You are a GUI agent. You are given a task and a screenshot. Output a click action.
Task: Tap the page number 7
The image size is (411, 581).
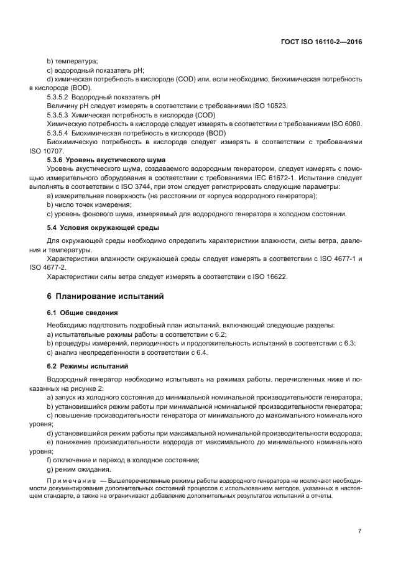pyautogui.click(x=359, y=531)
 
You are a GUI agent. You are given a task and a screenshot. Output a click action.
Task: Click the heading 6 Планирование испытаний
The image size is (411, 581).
pyautogui.click(x=106, y=296)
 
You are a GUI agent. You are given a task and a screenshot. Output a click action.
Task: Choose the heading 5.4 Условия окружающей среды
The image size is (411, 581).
pyautogui.click(x=103, y=227)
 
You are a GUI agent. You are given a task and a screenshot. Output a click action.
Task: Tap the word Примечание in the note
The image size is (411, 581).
pyautogui.click(x=75, y=480)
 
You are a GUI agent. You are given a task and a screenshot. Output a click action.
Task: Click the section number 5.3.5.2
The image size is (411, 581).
pyautogui.click(x=58, y=98)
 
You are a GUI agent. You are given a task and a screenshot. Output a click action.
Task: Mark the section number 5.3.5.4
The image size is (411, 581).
pyautogui.click(x=58, y=133)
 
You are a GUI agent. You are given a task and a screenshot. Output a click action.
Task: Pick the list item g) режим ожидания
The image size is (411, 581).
pyautogui.click(x=83, y=469)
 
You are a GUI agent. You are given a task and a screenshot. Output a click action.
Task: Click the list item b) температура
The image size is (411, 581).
pyautogui.click(x=73, y=62)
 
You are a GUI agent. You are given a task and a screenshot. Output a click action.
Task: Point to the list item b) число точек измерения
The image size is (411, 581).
pyautogui.click(x=89, y=204)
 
